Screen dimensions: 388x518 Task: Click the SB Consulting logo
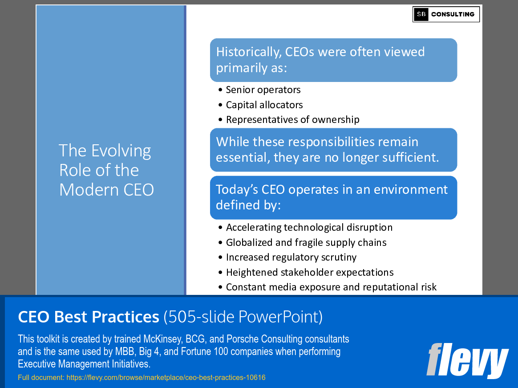click(x=446, y=14)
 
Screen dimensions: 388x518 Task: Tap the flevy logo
click(x=467, y=360)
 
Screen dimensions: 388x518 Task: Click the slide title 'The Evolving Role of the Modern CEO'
click(x=106, y=170)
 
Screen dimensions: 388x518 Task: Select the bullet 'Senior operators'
click(x=263, y=90)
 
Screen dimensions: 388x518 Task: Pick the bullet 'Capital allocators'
click(x=264, y=105)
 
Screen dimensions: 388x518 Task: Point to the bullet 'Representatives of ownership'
click(x=292, y=120)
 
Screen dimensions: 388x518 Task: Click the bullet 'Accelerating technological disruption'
click(x=309, y=228)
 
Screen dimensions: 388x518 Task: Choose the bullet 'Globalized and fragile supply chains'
click(x=306, y=243)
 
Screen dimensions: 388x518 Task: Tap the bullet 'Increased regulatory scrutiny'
click(x=291, y=257)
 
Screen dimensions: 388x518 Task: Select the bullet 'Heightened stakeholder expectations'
click(x=310, y=273)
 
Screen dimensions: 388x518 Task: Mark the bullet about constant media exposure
click(x=331, y=287)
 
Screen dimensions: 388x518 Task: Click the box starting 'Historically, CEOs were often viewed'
click(x=333, y=60)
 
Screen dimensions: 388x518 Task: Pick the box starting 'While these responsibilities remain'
click(x=333, y=150)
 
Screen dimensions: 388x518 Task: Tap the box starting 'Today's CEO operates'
click(x=333, y=197)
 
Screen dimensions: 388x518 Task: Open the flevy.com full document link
click(x=166, y=378)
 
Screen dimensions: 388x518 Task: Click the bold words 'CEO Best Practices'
click(x=89, y=317)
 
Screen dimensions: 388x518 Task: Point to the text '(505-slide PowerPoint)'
click(x=243, y=317)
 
